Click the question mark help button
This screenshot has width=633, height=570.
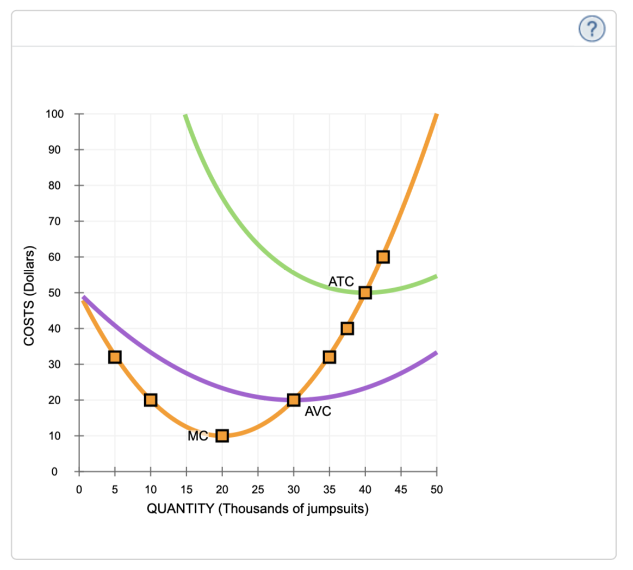pyautogui.click(x=592, y=28)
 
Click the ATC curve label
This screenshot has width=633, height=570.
pyautogui.click(x=341, y=282)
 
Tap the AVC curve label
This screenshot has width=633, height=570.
pyautogui.click(x=318, y=412)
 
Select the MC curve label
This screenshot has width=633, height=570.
pyautogui.click(x=197, y=436)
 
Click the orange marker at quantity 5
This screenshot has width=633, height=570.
pyautogui.click(x=115, y=357)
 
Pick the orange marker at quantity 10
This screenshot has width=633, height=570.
pyautogui.click(x=151, y=400)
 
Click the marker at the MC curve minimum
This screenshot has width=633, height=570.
pyautogui.click(x=222, y=436)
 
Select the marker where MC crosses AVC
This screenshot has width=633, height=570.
pyautogui.click(x=294, y=400)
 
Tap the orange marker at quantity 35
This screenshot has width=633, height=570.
pyautogui.click(x=329, y=357)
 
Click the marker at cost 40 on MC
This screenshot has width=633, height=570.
pyautogui.click(x=347, y=329)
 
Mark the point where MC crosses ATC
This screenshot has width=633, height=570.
pyautogui.click(x=365, y=293)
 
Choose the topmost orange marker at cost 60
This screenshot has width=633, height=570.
pyautogui.click(x=383, y=257)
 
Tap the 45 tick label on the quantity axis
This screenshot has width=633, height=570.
pyautogui.click(x=401, y=490)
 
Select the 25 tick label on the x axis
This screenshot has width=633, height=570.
pyautogui.click(x=258, y=490)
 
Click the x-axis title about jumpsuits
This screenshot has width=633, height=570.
pyautogui.click(x=258, y=509)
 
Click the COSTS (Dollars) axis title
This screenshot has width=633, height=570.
pyautogui.click(x=30, y=296)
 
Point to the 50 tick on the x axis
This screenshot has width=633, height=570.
pyautogui.click(x=437, y=490)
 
